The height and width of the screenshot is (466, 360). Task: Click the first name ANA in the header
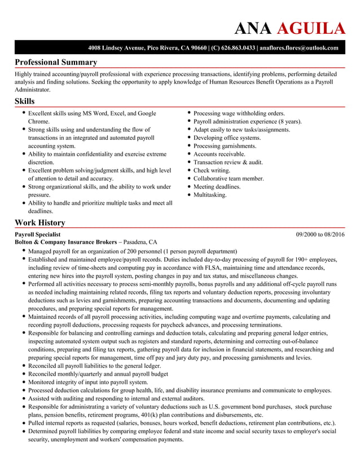point(253,28)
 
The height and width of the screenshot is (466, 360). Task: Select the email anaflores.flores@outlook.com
point(298,48)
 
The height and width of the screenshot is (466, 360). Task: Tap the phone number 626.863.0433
point(232,48)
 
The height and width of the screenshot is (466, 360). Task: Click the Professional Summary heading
point(56,62)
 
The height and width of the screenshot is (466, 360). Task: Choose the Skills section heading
point(24,101)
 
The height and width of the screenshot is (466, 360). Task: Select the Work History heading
point(39,222)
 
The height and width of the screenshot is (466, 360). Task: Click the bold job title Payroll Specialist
point(37,234)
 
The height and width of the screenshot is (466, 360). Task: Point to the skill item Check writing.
point(212,170)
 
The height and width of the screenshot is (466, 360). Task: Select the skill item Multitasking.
point(210,195)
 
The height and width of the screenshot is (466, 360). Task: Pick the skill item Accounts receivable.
point(219,154)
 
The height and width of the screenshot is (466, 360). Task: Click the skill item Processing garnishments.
point(225,146)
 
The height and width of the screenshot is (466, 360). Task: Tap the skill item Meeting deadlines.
point(217,187)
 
